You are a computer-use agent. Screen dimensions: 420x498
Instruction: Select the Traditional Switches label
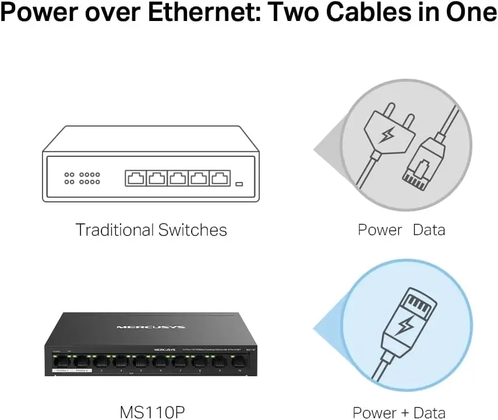[x=151, y=230]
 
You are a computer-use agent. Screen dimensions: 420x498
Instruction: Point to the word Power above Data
[x=380, y=230]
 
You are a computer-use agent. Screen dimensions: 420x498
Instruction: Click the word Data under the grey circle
[x=429, y=230]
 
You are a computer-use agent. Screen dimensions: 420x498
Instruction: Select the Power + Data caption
[x=399, y=412]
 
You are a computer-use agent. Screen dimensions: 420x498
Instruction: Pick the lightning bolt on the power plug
[x=386, y=136]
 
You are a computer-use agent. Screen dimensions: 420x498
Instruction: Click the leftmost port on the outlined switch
[x=135, y=178]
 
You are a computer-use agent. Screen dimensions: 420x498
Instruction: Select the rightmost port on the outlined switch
[x=220, y=178]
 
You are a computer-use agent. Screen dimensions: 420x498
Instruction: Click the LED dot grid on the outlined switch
[x=82, y=178]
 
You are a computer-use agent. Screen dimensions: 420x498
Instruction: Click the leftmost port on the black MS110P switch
[x=62, y=362]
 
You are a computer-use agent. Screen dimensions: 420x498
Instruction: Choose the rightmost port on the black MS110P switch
[x=240, y=362]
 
